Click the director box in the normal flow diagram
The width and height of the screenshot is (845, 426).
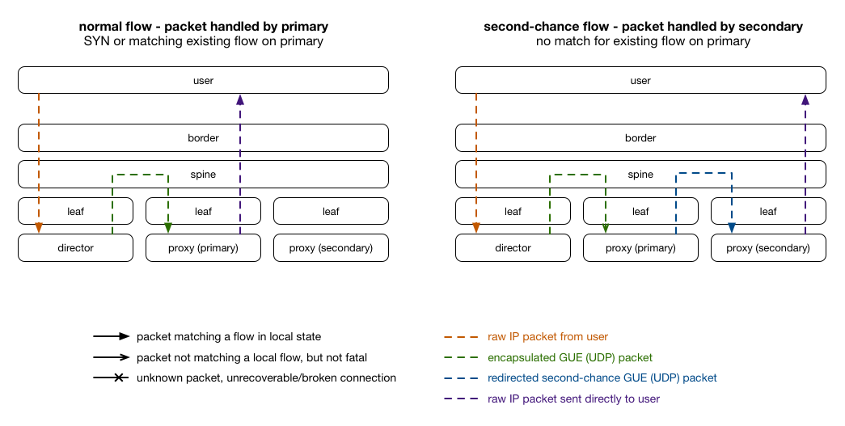75,247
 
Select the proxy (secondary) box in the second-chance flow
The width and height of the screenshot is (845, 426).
768,247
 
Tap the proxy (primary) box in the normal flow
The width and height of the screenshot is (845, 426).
203,247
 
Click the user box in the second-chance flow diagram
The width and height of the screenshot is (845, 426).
640,80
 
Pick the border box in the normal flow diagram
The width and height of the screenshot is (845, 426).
203,138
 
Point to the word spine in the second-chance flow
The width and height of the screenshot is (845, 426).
640,175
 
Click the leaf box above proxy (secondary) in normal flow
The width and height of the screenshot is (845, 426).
331,211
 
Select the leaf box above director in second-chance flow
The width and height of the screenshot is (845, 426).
513,211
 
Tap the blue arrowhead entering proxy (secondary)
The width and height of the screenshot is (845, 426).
731,228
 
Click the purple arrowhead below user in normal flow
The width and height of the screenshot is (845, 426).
240,99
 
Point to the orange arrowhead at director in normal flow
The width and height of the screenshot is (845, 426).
39,228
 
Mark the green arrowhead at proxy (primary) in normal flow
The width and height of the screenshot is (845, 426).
168,228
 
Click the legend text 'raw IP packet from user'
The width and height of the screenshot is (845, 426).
547,336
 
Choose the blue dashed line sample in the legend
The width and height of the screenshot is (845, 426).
461,378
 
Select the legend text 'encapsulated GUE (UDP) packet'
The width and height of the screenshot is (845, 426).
569,357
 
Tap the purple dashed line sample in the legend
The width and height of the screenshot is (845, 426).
461,399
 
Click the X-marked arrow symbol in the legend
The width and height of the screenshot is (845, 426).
111,378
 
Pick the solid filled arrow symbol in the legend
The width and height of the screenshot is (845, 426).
111,336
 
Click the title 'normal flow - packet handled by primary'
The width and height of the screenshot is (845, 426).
203,27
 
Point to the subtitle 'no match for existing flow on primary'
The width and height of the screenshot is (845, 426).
643,41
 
